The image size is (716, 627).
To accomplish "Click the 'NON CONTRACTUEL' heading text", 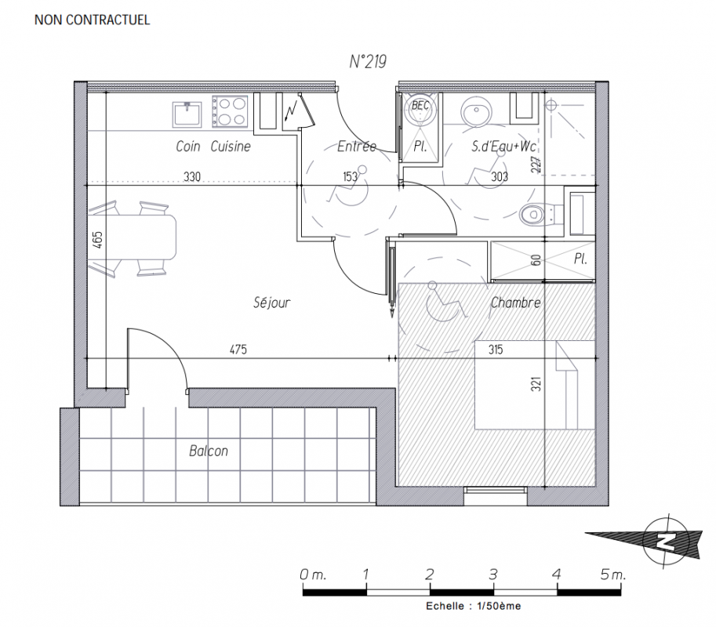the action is [x=93, y=20].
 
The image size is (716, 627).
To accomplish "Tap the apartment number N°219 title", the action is [x=368, y=62].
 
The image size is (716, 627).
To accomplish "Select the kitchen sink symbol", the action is [x=187, y=114].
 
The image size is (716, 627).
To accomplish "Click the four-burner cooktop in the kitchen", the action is [x=230, y=111].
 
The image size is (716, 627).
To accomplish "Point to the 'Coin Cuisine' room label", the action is [x=213, y=147].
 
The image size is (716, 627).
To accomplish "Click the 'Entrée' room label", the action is [x=357, y=146].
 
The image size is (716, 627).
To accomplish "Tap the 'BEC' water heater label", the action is [x=420, y=105].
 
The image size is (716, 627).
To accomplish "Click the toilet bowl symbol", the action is [x=537, y=214].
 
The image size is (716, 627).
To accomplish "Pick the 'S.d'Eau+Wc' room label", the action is [x=503, y=147].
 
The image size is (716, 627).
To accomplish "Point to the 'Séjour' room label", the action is [x=271, y=302].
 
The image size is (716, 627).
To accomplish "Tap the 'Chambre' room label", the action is [x=515, y=303].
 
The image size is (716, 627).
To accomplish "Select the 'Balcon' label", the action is [x=209, y=451].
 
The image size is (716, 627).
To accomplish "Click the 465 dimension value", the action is [x=98, y=240].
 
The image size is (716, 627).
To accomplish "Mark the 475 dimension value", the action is [x=238, y=350].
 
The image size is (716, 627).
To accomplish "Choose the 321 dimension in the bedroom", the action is [x=536, y=384].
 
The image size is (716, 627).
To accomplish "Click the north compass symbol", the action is [x=665, y=541].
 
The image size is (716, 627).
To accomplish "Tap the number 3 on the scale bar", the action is [x=493, y=574].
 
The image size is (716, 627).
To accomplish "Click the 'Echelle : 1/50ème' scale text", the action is [x=473, y=606].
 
